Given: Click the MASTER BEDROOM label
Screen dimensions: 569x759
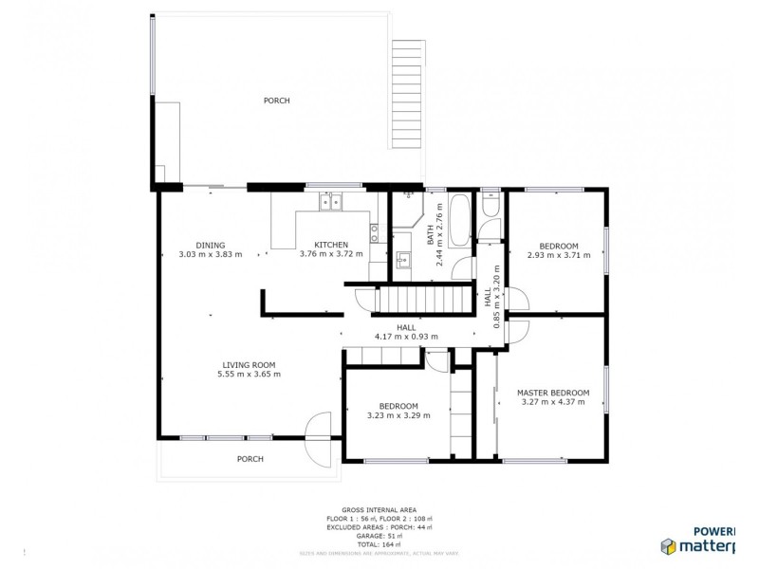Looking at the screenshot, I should pyautogui.click(x=553, y=393).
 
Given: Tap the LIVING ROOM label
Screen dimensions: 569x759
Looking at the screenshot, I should pyautogui.click(x=249, y=365).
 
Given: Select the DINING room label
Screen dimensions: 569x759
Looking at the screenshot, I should pyautogui.click(x=211, y=245).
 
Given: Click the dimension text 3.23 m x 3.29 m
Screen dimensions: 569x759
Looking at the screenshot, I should pyautogui.click(x=398, y=415).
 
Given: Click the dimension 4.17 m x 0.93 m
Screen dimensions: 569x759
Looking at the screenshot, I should pyautogui.click(x=406, y=336).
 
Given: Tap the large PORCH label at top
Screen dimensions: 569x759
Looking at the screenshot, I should pyautogui.click(x=276, y=101).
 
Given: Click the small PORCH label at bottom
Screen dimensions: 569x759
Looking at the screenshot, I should pyautogui.click(x=250, y=459).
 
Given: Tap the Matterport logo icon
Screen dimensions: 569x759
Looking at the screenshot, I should pyautogui.click(x=668, y=545).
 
